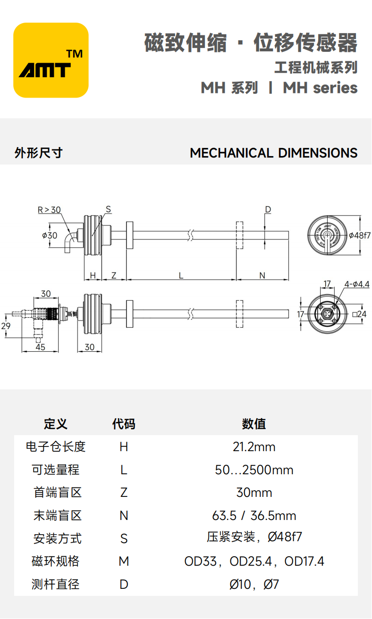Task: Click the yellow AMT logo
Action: tap(51, 60)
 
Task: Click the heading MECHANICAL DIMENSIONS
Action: tap(273, 153)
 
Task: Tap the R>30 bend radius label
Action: tap(49, 210)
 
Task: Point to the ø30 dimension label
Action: tap(50, 235)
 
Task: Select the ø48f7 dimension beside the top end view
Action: tap(360, 235)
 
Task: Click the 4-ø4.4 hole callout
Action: tap(357, 284)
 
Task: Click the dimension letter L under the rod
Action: tap(181, 276)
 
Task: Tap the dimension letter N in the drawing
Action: tap(262, 276)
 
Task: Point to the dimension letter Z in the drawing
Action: tap(114, 276)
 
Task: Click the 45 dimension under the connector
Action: tap(40, 347)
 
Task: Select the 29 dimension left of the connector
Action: tap(6, 326)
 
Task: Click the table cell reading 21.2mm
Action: tap(254, 446)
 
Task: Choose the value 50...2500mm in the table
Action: tap(254, 470)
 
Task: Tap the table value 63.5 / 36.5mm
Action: tap(254, 515)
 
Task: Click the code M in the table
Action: tap(124, 561)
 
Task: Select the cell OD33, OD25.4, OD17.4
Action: tap(254, 561)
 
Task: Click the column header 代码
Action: tap(124, 424)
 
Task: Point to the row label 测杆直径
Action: tap(56, 584)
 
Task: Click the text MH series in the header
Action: tap(320, 88)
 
